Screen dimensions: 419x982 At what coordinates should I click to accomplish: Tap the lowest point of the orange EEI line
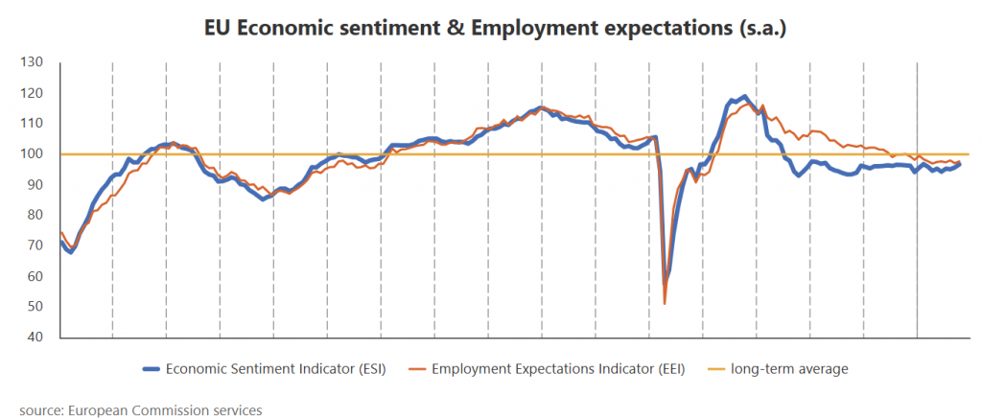[x=665, y=304]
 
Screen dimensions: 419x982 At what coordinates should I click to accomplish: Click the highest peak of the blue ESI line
[x=744, y=96]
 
